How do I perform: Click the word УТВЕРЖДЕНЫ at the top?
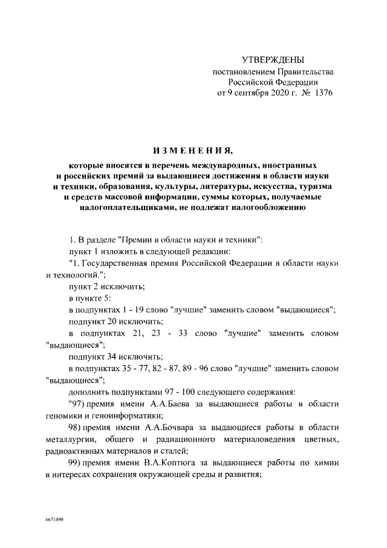273,59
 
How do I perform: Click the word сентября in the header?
246,94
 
